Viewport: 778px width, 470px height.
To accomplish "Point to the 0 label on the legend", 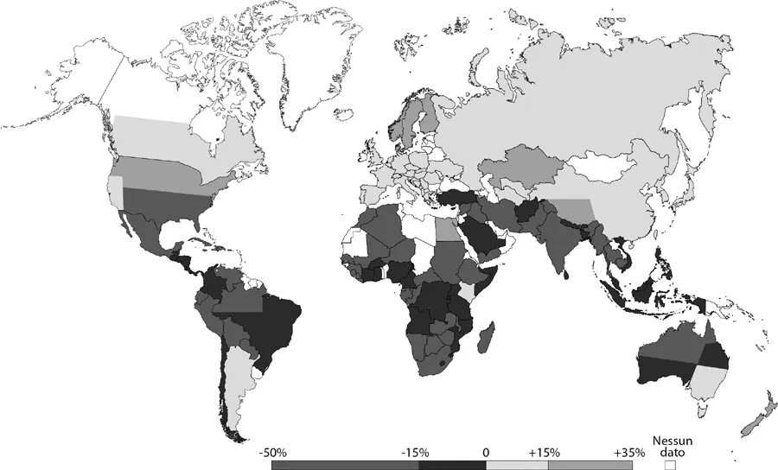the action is click(486, 452).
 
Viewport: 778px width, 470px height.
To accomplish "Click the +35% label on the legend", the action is click(628, 452).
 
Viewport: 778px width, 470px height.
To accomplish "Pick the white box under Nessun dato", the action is click(669, 464).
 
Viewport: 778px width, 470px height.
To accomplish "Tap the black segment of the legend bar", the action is click(453, 465).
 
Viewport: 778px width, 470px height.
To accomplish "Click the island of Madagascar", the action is click(488, 335).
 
